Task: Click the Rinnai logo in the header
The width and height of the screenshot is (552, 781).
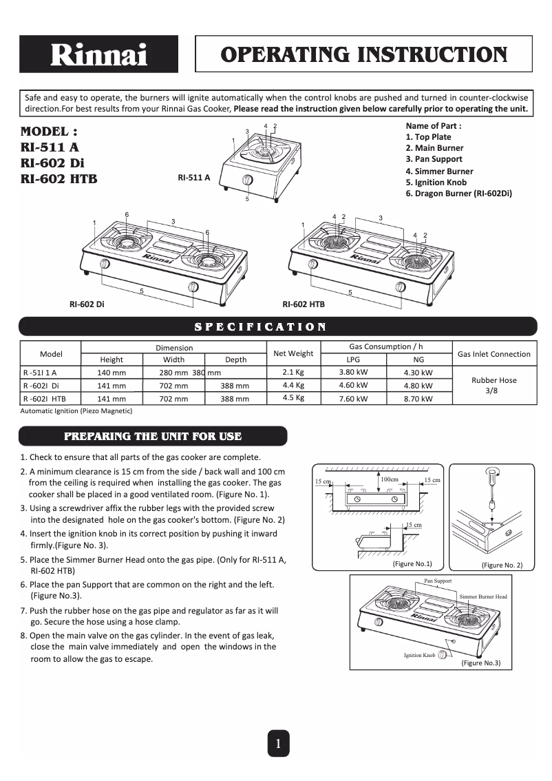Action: (98, 54)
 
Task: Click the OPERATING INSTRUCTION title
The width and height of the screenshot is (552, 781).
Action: (363, 54)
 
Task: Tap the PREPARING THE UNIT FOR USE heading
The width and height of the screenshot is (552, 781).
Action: (153, 436)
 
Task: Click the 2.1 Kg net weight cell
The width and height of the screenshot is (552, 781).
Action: (293, 372)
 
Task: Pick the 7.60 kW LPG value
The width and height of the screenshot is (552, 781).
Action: (353, 398)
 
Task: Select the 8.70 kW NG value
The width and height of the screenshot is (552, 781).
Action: (418, 398)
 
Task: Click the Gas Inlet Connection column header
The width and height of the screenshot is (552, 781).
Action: (493, 354)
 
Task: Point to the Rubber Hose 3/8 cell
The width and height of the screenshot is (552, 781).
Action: (493, 384)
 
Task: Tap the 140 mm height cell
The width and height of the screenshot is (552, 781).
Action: (112, 373)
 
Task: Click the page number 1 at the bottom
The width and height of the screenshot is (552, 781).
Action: (277, 743)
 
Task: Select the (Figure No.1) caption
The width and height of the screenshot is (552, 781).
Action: (412, 564)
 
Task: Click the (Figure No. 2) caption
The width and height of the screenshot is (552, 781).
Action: (502, 565)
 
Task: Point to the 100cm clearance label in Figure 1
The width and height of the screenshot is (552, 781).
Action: (390, 479)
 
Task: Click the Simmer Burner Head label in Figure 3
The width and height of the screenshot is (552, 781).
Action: (483, 596)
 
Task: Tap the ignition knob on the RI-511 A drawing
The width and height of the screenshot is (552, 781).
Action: (247, 181)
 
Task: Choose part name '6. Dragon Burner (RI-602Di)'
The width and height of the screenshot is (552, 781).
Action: (458, 194)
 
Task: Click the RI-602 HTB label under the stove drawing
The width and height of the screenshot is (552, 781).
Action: (304, 304)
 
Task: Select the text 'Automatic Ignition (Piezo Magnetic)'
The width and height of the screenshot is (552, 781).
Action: (76, 411)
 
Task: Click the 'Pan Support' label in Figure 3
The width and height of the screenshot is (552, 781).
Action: (438, 581)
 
